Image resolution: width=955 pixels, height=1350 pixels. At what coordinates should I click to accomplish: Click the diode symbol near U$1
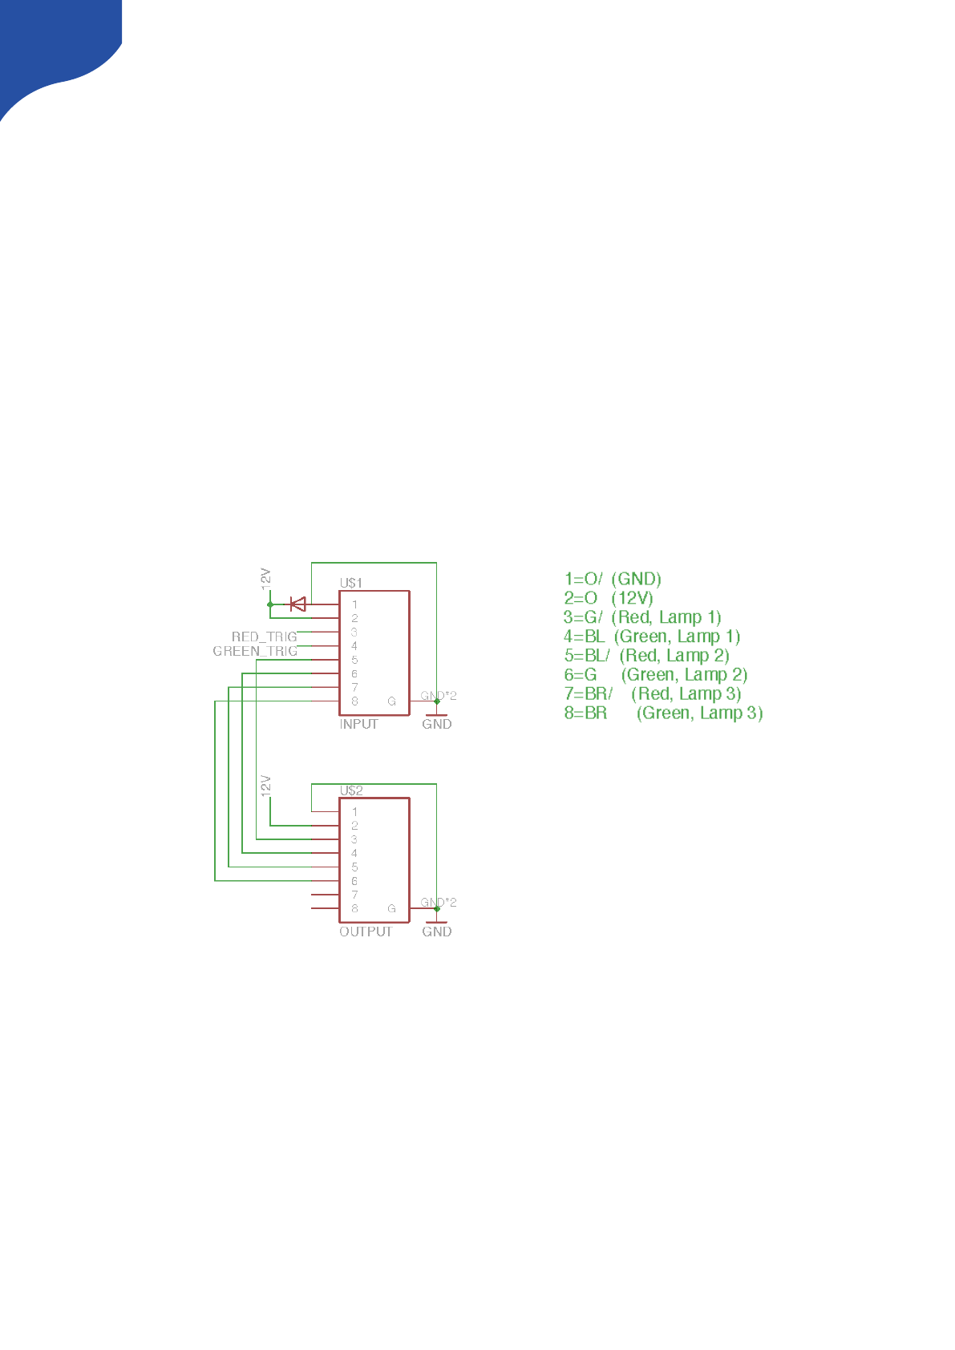coord(297,604)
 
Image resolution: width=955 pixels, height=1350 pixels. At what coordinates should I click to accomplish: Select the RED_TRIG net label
coord(264,637)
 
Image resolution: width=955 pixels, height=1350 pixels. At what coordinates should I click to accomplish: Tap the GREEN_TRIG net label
coord(255,651)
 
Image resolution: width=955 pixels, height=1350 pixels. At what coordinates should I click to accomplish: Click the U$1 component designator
coord(351,583)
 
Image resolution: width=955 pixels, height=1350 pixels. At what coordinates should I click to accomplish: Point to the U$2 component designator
coord(351,790)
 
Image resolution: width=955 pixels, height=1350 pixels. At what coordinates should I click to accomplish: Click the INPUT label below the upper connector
coord(358,724)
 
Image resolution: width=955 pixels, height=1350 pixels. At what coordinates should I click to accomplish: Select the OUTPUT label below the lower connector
coord(366,932)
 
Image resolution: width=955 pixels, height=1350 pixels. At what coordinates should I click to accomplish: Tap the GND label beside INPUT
coord(437,724)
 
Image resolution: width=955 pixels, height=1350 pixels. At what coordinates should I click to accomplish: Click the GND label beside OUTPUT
coord(437,932)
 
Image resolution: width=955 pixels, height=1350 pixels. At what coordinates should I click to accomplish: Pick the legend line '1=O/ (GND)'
coord(613,579)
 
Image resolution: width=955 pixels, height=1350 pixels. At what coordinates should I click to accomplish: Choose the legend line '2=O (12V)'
coord(609,598)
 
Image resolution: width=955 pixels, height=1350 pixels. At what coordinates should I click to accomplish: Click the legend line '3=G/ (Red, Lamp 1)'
coord(642,617)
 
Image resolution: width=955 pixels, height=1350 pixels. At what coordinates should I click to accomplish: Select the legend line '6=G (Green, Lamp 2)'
coord(655,675)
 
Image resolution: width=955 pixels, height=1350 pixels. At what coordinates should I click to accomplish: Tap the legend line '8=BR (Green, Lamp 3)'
coord(663,713)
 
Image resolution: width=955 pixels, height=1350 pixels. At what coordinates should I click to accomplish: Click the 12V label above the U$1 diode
coord(266,580)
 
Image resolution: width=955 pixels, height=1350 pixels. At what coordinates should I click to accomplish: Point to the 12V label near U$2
coord(266,786)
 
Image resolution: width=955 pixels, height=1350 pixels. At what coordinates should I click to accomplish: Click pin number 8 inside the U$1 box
coord(354,701)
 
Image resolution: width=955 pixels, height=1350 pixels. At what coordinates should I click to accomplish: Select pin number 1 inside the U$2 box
coord(354,811)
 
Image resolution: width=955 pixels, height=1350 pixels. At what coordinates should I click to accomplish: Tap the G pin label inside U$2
coord(391,908)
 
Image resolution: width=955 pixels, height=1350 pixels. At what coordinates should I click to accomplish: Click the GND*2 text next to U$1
coord(439,695)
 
